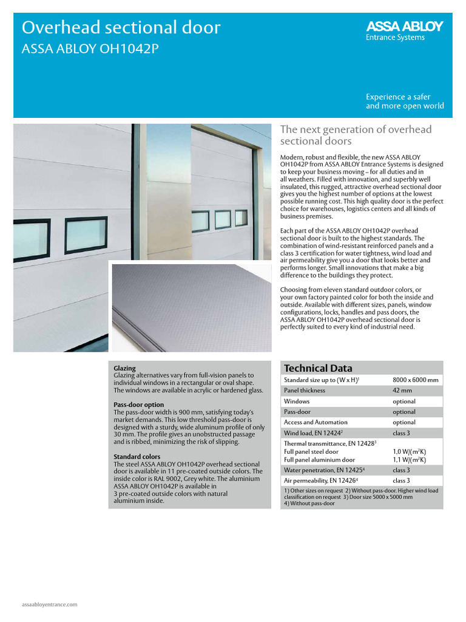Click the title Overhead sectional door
121,27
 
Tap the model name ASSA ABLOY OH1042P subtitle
90,49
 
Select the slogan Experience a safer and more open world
404,101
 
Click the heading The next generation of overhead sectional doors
355,135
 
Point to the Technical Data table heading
318,368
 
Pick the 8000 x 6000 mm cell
416,380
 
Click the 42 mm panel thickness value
402,391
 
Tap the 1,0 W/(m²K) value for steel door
409,452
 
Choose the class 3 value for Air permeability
401,480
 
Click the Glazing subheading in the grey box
124,368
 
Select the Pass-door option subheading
139,405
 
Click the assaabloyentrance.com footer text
50,605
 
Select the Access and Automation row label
316,422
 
